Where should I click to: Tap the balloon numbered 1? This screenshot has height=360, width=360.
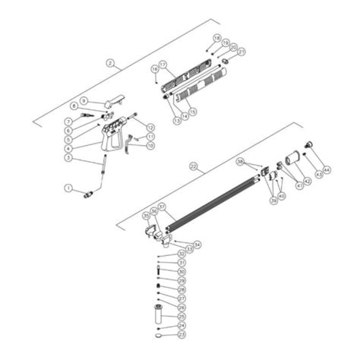point(68,188)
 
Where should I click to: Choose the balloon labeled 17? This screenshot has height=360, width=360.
point(162,65)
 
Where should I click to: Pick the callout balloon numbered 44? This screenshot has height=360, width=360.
point(327,169)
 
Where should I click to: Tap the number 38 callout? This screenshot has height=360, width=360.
point(240,162)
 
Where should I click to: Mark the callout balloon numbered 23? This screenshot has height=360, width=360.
point(181,335)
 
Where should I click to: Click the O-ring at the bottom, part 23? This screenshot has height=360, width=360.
point(158,335)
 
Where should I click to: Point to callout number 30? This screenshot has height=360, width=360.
point(181,271)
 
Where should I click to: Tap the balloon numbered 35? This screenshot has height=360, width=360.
point(147,216)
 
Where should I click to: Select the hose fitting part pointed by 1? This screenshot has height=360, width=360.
point(88,194)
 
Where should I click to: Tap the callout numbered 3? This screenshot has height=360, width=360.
point(68,158)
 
